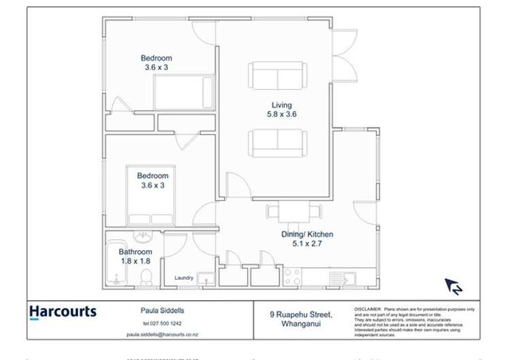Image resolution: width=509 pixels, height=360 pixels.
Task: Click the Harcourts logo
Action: click(x=63, y=312)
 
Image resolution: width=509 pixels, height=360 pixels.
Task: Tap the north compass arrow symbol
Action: click(x=453, y=286)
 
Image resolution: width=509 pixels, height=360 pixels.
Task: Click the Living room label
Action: click(x=281, y=105)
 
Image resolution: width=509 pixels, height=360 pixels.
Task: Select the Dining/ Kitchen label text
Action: click(x=307, y=234)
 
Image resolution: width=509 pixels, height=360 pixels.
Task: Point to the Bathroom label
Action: click(x=136, y=252)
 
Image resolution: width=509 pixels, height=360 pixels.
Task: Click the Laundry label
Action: click(x=183, y=278)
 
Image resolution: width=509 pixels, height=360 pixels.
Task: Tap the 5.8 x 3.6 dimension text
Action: click(x=281, y=115)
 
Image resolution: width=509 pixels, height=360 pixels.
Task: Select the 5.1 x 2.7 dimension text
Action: click(x=307, y=244)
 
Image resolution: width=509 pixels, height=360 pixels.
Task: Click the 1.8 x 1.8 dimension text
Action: click(x=136, y=261)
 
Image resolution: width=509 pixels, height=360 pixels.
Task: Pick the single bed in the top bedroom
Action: click(x=184, y=92)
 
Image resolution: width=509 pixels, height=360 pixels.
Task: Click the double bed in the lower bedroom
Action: click(x=151, y=196)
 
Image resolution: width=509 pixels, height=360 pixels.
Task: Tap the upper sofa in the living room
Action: click(x=277, y=75)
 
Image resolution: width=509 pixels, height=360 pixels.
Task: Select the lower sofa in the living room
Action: click(x=277, y=143)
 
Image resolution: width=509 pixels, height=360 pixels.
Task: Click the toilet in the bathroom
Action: click(x=145, y=278)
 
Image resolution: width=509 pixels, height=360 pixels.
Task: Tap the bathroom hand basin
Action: click(x=143, y=237)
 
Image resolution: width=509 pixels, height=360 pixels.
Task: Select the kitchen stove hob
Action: click(x=292, y=276)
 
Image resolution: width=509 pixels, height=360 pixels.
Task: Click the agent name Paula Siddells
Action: click(x=157, y=310)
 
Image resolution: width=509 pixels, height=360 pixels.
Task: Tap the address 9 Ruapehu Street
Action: click(x=300, y=314)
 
